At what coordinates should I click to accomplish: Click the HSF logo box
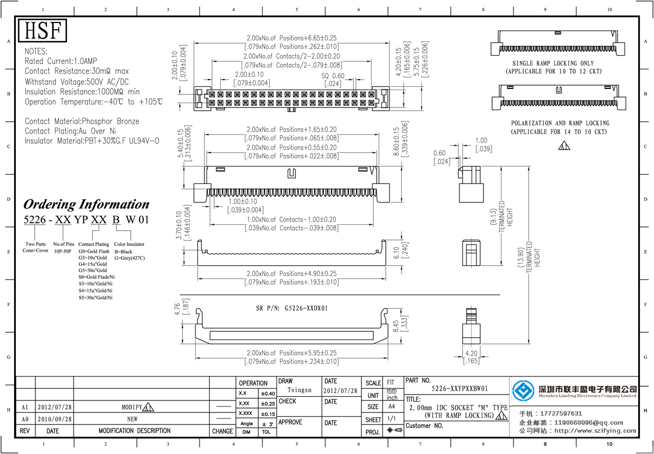[43, 31]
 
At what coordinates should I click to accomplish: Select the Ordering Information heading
[86, 205]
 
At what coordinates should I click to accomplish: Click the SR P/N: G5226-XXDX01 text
[292, 308]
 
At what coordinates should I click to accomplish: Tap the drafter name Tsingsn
[299, 390]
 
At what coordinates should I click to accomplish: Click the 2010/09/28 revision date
[53, 419]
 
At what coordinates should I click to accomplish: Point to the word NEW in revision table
[132, 419]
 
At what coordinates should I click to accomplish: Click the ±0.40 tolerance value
[268, 393]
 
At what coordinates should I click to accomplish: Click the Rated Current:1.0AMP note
[61, 61]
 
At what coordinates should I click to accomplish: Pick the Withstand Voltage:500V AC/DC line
[75, 81]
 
